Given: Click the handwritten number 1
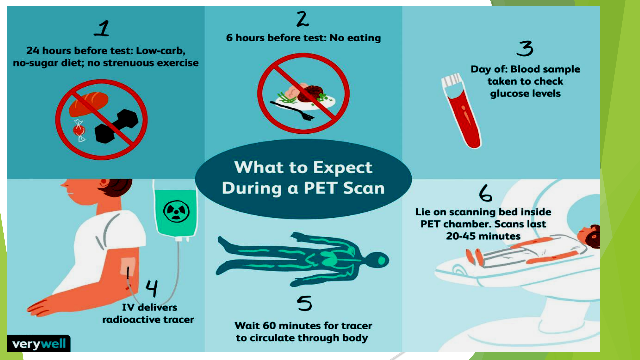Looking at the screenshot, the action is click(102, 28).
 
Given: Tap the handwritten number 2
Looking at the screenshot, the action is click(303, 19).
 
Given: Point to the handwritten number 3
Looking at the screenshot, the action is click(525, 49).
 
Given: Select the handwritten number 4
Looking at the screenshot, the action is click(152, 288).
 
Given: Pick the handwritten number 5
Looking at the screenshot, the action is click(304, 303).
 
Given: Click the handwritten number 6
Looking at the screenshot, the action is click(485, 193).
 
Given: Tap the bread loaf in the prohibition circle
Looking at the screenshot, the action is click(89, 104).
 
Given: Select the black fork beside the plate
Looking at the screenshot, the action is click(292, 111).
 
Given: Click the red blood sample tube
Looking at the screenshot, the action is click(461, 111).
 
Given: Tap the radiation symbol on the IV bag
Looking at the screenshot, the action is click(176, 211).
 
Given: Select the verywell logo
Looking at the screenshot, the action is click(39, 344).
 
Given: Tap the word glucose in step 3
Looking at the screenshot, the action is click(508, 94).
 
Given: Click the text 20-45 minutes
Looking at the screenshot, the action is click(483, 236).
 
